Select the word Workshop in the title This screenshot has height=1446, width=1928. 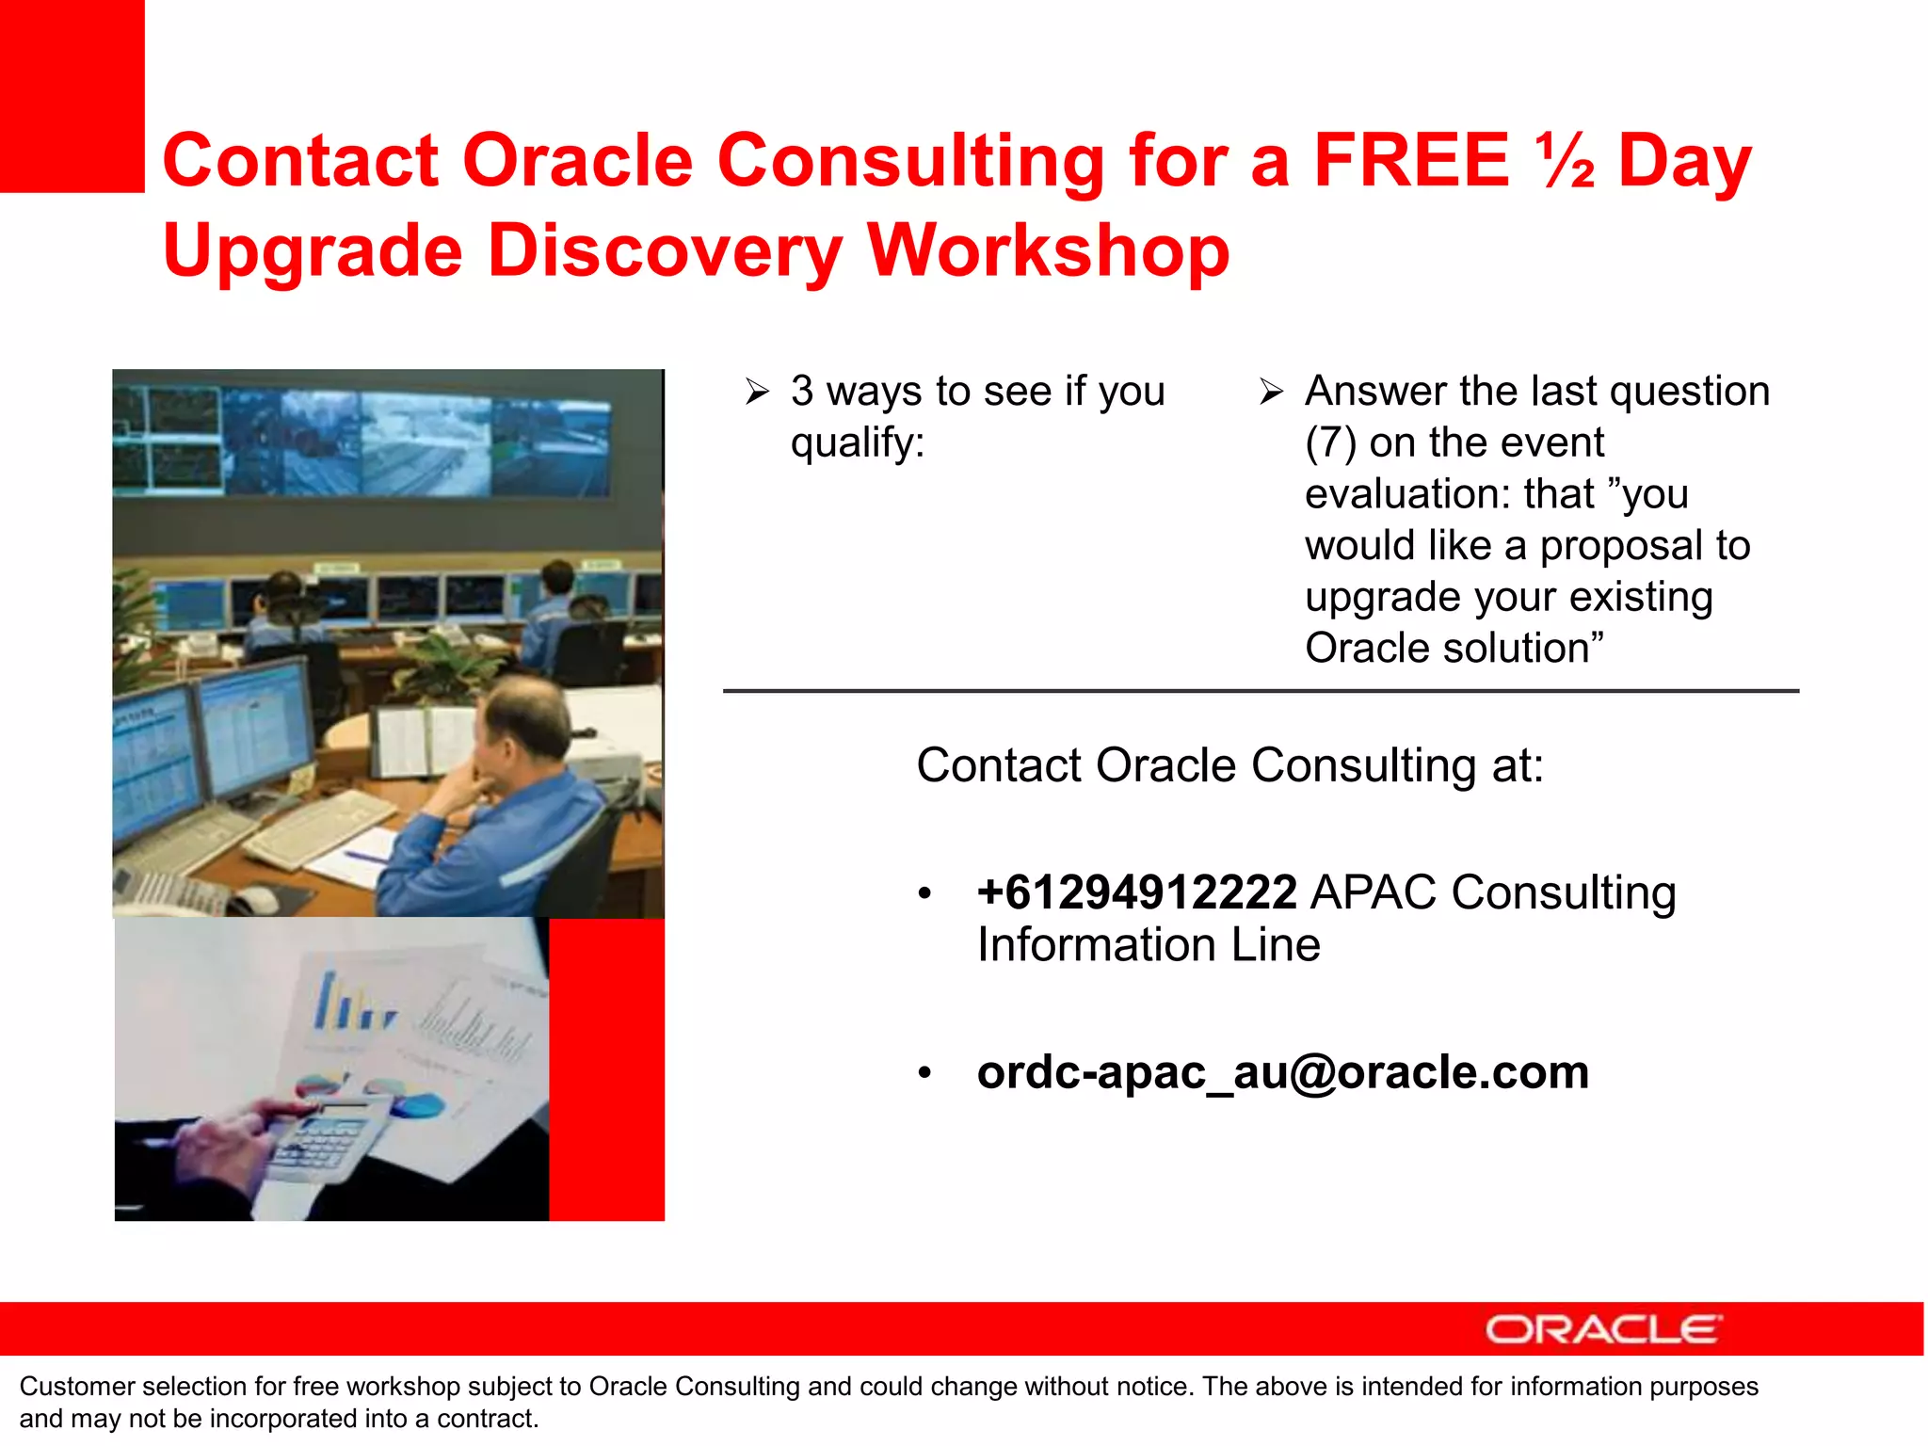pos(1047,250)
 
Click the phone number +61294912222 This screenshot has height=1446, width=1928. pos(1136,892)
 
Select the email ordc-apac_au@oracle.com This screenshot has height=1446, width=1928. pos(1282,1072)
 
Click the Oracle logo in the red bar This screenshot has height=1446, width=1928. pos(1603,1329)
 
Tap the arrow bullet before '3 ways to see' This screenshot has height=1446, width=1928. pos(757,392)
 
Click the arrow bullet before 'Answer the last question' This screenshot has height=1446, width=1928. pos(1271,392)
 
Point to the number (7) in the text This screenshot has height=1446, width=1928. pos(1330,442)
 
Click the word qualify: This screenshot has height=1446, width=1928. pos(857,442)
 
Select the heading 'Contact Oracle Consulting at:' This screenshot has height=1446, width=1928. pos(1229,765)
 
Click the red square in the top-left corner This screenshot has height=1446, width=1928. pos(72,94)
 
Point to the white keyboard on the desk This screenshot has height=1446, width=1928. pos(320,828)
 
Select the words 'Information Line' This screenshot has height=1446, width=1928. pos(1149,944)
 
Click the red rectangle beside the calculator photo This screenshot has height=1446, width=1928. pos(606,1068)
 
